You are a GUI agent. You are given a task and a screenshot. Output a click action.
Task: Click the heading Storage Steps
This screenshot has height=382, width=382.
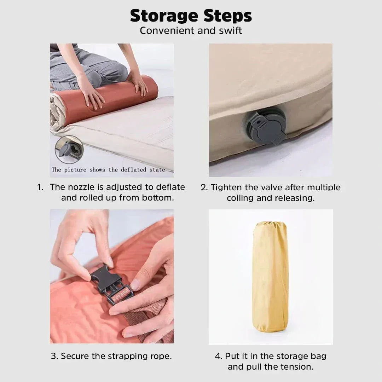[191, 16]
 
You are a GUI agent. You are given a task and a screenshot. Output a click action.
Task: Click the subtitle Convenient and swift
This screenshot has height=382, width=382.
[191, 31]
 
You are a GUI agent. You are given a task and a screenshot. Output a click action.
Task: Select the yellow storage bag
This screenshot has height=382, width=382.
[270, 276]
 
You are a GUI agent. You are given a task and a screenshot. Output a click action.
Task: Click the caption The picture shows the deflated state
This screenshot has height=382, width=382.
[108, 170]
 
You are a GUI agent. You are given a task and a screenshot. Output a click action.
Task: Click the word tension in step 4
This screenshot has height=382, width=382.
[297, 367]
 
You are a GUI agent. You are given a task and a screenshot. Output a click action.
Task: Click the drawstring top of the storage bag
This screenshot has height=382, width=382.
[270, 224]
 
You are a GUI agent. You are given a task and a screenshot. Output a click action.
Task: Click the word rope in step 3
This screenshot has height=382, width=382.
[161, 356]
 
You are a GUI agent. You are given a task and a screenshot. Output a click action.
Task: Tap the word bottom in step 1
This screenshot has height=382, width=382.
[158, 198]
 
